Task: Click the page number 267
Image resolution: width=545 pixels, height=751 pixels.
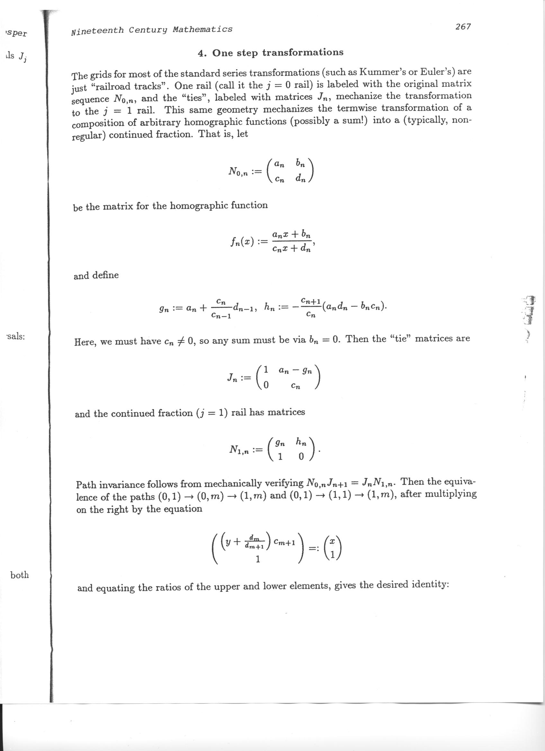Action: coord(463,27)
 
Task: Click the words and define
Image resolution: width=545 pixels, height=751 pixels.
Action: coord(96,275)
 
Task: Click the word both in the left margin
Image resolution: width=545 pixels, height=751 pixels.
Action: coord(20,575)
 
